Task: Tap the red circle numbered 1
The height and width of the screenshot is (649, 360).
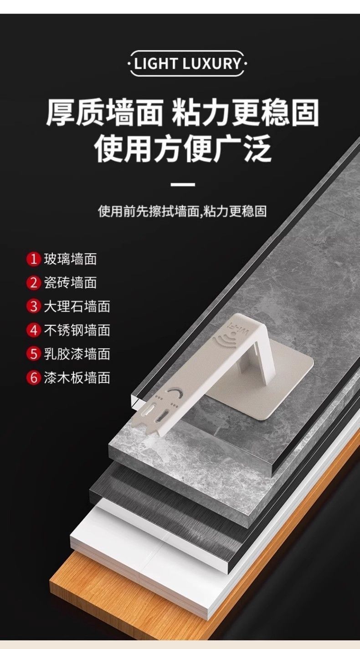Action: tap(34, 259)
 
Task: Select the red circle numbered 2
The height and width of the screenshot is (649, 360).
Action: tap(34, 282)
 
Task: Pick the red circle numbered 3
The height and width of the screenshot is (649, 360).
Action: tap(34, 306)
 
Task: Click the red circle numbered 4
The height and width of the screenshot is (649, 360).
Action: tap(34, 330)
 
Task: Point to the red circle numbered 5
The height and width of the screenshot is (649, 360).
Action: tap(34, 354)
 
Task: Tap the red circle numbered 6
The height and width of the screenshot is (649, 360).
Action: tap(34, 378)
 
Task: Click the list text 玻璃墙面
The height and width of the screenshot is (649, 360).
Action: tap(71, 259)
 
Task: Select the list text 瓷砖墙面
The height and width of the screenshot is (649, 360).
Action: tap(71, 282)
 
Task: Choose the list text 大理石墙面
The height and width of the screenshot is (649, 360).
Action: tap(77, 306)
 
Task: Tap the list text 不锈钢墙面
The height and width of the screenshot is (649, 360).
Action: tap(77, 330)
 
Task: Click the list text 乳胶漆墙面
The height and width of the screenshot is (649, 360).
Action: tap(77, 354)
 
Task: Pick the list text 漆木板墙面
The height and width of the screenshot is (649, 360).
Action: tap(77, 378)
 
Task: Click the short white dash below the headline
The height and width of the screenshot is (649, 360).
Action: tap(183, 184)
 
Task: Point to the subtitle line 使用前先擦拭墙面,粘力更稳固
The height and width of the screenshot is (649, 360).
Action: tap(182, 211)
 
